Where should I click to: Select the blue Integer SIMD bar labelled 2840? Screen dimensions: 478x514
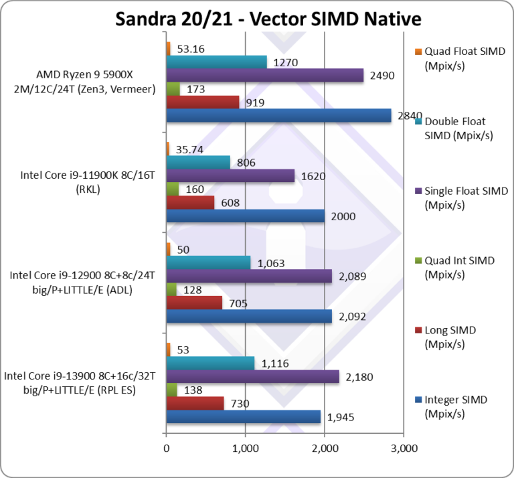[278, 116]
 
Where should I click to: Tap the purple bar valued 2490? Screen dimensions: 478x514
[264, 75]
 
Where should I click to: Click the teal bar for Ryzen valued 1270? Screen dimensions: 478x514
[216, 62]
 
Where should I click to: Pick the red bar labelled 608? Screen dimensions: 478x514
[190, 202]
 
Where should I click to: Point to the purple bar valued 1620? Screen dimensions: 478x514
[230, 175]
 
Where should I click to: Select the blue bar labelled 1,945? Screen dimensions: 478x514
[243, 416]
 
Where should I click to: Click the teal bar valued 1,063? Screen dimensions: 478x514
[208, 262]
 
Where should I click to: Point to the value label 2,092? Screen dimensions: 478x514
[353, 317]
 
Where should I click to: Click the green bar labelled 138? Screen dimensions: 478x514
[172, 390]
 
